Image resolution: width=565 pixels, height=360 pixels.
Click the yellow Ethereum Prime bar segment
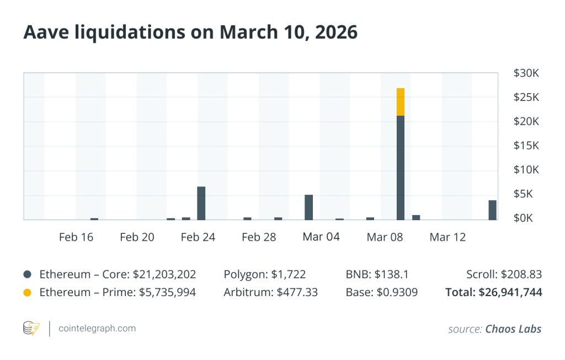pos(401,102)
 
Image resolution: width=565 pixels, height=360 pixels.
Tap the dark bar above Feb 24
pos(201,203)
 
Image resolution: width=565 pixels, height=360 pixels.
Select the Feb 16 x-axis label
pos(76,238)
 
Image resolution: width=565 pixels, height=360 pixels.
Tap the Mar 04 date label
pos(321,237)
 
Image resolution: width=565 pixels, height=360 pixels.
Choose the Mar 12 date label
pos(447,238)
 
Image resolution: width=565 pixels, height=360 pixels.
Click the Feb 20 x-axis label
pos(137,238)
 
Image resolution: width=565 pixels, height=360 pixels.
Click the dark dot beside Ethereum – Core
pos(28,275)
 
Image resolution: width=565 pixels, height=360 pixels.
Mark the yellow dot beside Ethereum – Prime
pos(28,293)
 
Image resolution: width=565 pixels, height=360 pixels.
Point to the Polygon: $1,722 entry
pos(265,275)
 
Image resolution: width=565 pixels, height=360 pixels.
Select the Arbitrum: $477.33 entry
pos(270,292)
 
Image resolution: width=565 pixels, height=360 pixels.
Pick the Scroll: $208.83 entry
pos(504,275)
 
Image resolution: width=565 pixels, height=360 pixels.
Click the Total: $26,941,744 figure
pos(494,292)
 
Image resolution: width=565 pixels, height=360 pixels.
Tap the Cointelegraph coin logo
pos(31,329)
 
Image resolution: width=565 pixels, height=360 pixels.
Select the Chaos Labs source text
pos(513,329)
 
